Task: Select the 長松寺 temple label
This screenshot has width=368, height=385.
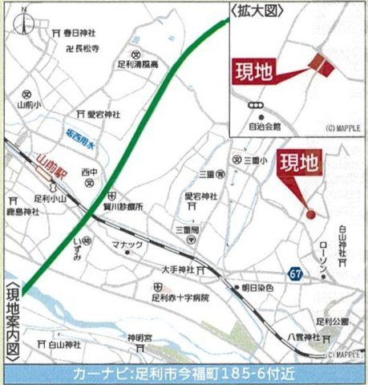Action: pos(87,48)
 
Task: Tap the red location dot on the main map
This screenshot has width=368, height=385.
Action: pos(310,213)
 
